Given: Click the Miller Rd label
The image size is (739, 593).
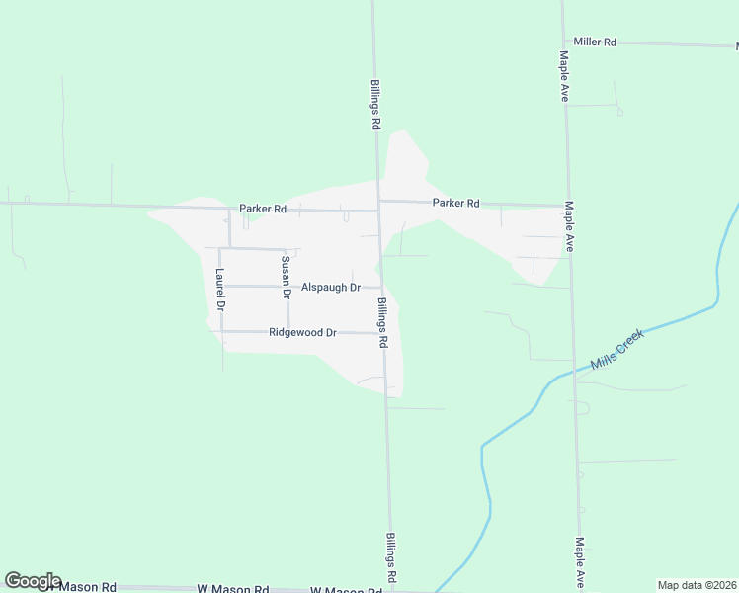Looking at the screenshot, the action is point(595,42).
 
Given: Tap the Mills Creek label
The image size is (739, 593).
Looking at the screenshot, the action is point(616,350).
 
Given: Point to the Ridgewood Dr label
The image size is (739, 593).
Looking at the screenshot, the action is point(303,333).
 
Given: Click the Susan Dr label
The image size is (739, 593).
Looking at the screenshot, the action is point(285,277).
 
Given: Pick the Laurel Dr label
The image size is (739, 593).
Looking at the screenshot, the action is point(220,291).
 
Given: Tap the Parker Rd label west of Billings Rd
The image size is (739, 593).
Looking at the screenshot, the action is point(262,209).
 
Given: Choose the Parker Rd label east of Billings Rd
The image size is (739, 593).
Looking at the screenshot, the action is point(455,203).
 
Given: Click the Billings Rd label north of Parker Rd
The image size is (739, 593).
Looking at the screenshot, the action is point(375,106).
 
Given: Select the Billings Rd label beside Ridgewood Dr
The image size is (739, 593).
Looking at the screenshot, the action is point(382,323).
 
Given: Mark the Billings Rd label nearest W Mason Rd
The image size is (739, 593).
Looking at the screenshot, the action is point(391,557).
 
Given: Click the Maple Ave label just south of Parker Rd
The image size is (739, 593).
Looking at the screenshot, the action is point(569,226).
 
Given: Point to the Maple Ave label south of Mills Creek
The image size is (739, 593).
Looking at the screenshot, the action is point(580,562).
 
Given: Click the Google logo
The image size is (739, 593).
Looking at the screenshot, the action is point(33,581).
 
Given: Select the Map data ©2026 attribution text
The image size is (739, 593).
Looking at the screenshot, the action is point(697,585).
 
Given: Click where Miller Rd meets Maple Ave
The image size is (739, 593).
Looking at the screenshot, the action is point(562,42).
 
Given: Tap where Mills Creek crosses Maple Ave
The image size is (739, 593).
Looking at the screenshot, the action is point(574,372).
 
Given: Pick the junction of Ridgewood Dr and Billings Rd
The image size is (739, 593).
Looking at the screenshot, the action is point(383,333).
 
